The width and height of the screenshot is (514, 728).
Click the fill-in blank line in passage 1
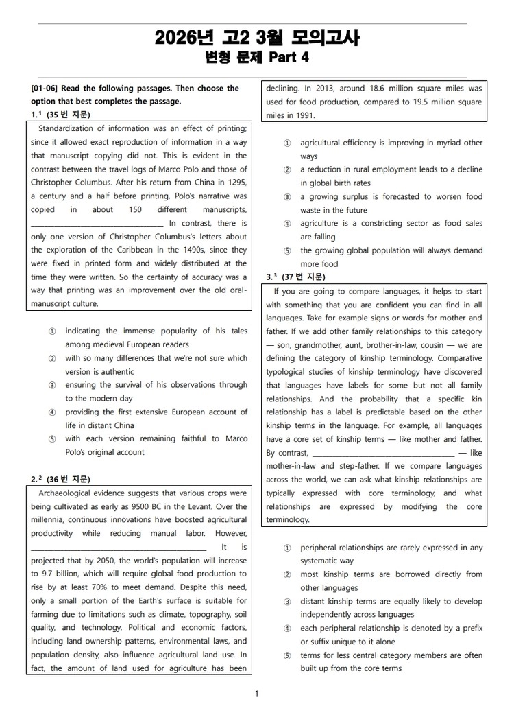click(97, 224)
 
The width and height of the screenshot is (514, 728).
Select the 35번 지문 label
click(69, 115)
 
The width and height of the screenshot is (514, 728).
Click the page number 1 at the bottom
click(257, 694)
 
